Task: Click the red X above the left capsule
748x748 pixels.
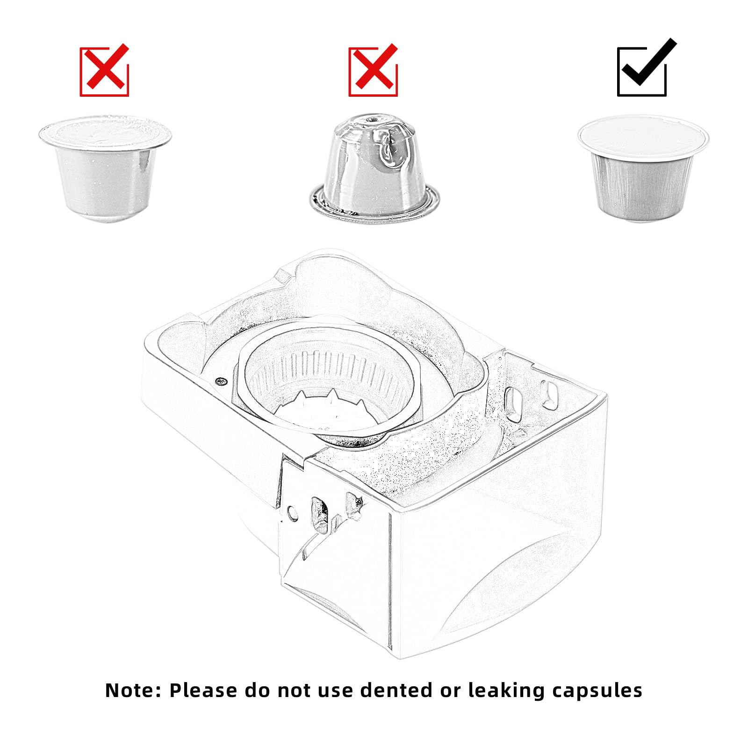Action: [x=104, y=71]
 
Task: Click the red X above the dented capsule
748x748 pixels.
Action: [x=373, y=71]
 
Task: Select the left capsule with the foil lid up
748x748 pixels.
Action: [x=105, y=168]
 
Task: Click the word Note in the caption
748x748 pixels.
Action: [x=133, y=690]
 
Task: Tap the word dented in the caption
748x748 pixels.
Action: [x=396, y=690]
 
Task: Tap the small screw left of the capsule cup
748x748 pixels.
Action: [x=221, y=381]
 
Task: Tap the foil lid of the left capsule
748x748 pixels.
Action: [x=105, y=131]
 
